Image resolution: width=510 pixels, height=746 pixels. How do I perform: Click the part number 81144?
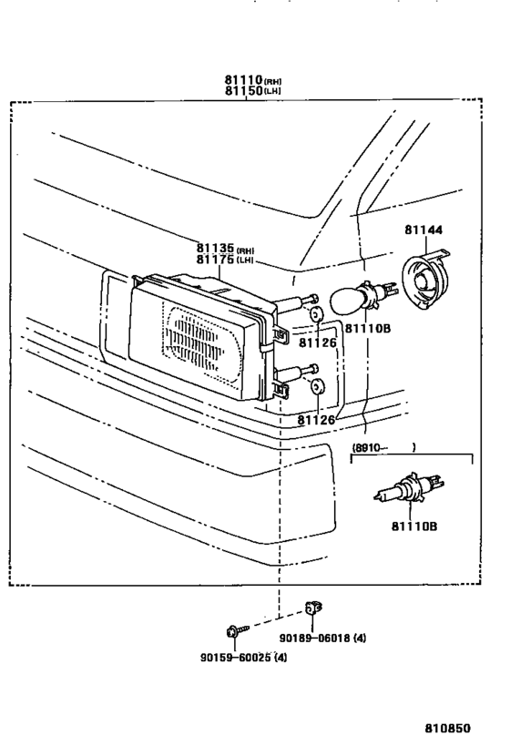423,230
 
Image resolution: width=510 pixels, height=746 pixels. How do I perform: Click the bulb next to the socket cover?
362,297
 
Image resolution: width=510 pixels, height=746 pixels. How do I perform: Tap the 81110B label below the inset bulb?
414,526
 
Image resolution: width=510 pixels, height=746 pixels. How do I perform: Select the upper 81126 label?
316,342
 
